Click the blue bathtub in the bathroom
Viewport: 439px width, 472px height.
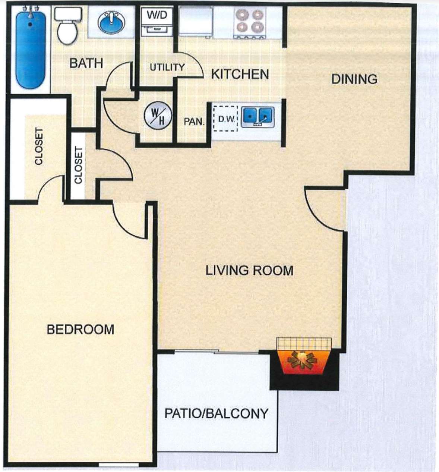click(x=31, y=49)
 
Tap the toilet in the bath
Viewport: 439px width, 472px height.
click(x=67, y=26)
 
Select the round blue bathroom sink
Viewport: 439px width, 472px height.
click(x=111, y=22)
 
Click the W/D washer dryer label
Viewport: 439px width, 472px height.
click(x=157, y=16)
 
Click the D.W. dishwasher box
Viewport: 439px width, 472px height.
click(x=225, y=119)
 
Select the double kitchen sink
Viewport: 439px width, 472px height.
click(x=258, y=116)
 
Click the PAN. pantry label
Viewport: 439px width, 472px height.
click(x=194, y=122)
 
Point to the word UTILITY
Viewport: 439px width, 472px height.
click(x=167, y=67)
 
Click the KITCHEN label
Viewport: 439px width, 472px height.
click(x=240, y=74)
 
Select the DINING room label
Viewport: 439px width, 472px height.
click(x=354, y=79)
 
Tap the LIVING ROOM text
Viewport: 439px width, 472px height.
click(x=249, y=270)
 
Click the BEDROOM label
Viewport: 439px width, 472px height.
click(x=80, y=330)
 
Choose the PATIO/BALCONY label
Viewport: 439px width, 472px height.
click(x=216, y=413)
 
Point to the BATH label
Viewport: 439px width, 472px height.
click(x=86, y=63)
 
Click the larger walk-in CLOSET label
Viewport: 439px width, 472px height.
click(x=39, y=147)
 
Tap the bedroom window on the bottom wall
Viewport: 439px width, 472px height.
click(x=119, y=465)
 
